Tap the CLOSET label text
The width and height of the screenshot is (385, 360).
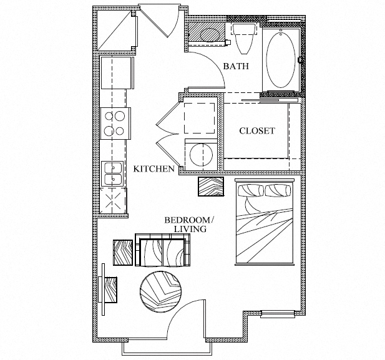(x=257, y=131)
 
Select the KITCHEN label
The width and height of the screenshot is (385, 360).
(x=154, y=168)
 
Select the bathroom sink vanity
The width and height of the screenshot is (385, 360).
(x=206, y=32)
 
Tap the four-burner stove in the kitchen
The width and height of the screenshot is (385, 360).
(x=116, y=123)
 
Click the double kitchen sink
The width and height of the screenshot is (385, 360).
(x=114, y=173)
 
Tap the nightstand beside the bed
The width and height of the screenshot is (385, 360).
(x=211, y=187)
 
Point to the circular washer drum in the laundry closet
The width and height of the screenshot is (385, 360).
(x=201, y=155)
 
